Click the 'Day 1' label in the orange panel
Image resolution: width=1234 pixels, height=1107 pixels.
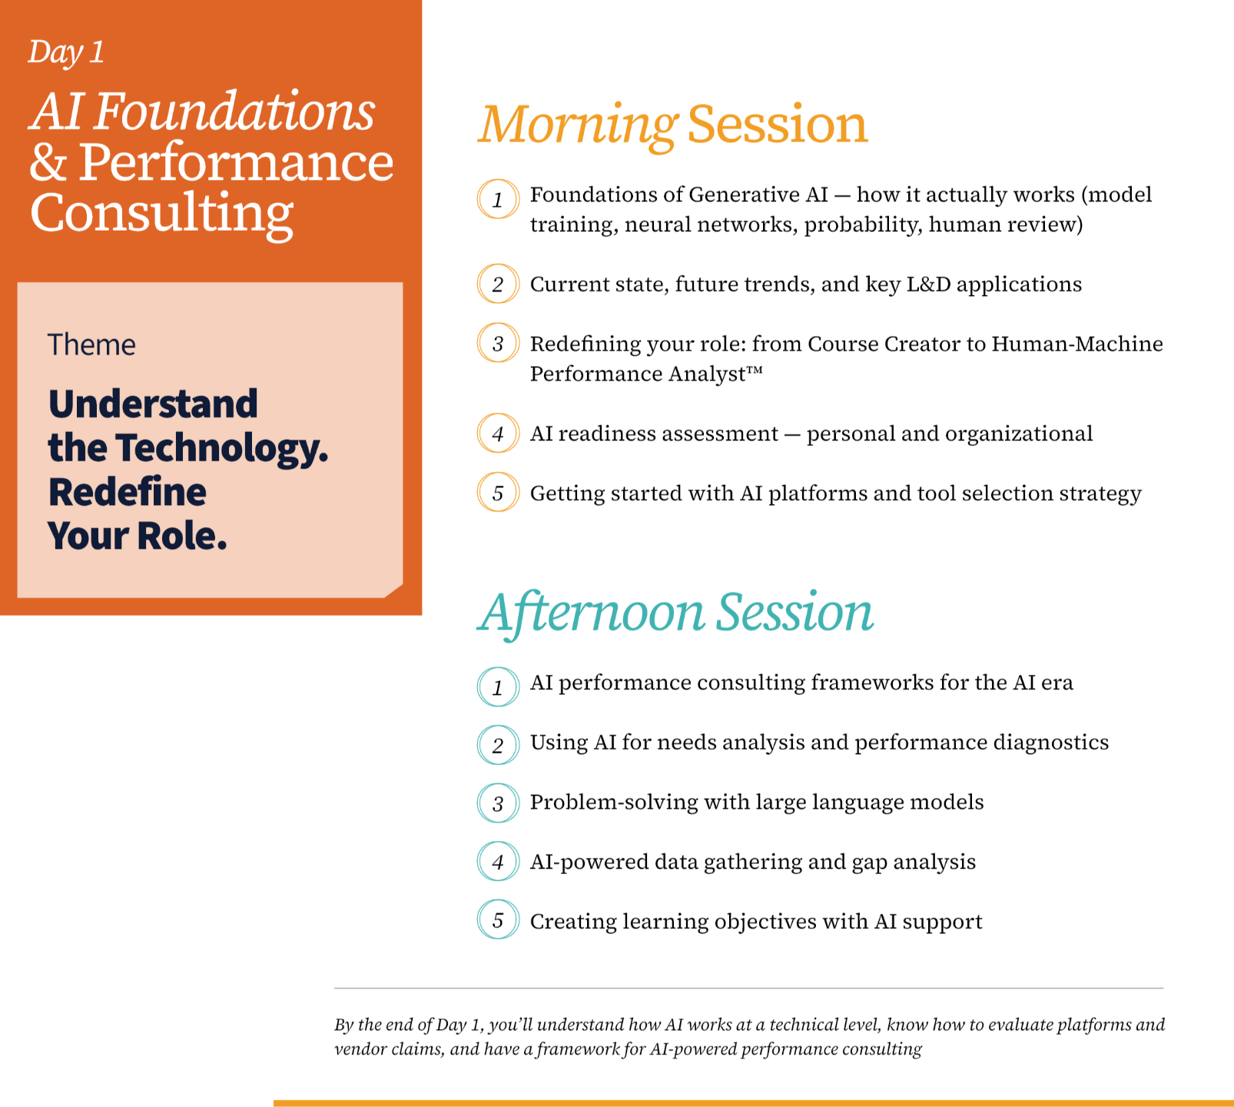coord(66,52)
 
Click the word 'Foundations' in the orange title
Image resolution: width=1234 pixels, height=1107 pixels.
coord(235,111)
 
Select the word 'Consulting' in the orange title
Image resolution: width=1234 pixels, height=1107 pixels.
coord(162,214)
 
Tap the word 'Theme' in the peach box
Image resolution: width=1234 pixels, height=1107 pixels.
coord(91,344)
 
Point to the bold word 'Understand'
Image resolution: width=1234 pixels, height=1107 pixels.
coord(153,404)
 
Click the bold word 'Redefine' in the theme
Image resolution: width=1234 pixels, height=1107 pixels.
coord(128,492)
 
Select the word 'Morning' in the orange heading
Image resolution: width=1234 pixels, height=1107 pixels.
coord(578,125)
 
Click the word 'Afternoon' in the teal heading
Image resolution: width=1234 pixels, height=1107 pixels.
coord(593,613)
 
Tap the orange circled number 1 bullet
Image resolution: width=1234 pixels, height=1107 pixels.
coord(498,199)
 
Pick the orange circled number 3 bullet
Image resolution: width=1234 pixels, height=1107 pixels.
coord(498,343)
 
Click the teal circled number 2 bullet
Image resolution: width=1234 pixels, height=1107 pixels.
coord(498,745)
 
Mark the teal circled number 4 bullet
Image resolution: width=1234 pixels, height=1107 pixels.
coord(498,861)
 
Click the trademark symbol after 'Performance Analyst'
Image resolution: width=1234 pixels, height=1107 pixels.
coord(755,370)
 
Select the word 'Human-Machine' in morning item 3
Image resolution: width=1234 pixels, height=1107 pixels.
coord(1077,344)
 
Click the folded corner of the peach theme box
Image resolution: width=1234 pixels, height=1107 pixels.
coord(394,590)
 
